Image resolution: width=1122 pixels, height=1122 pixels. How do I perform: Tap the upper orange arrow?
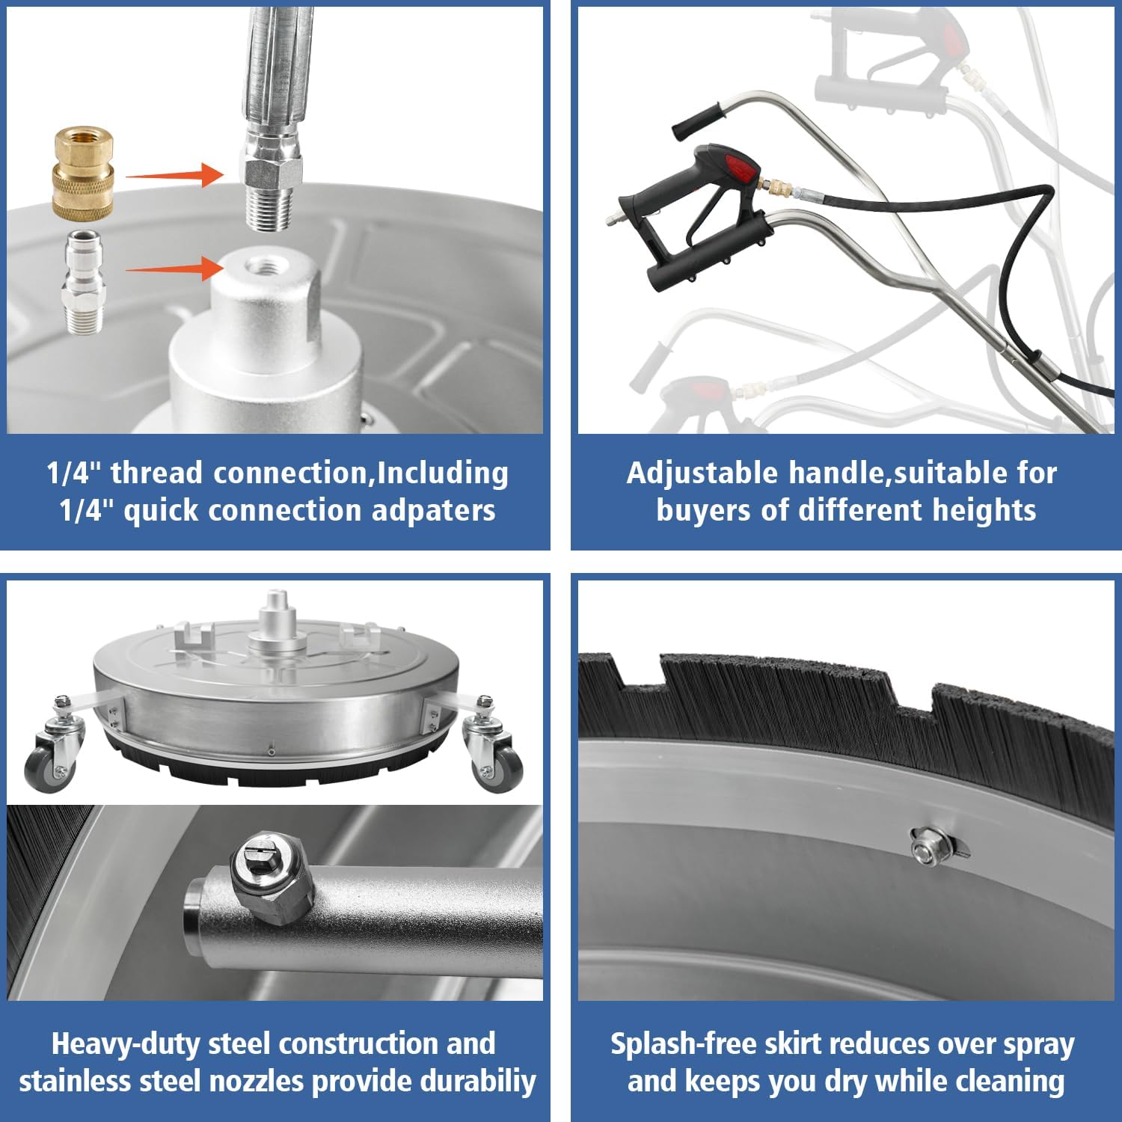(x=174, y=176)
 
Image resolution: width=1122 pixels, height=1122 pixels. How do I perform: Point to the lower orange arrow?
(x=174, y=269)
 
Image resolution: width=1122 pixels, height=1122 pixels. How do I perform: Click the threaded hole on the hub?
(x=263, y=265)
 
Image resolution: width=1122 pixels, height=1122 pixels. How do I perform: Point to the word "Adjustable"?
(x=702, y=474)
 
